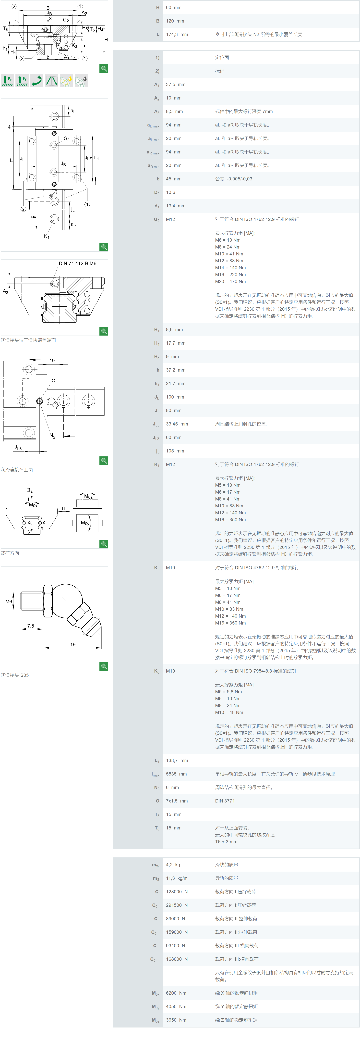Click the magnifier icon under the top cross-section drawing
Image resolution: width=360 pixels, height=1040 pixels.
tap(104, 69)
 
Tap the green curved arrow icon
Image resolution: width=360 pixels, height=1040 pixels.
tap(37, 81)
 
